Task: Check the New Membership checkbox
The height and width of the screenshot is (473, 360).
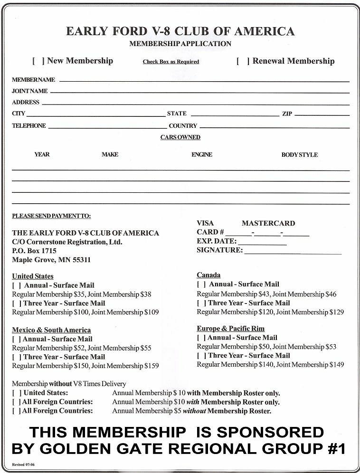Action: click(x=38, y=61)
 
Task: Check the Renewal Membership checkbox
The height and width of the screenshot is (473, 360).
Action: click(x=243, y=61)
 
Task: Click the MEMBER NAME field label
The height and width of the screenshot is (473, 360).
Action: click(x=33, y=80)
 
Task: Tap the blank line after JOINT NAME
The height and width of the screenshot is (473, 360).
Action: click(x=199, y=92)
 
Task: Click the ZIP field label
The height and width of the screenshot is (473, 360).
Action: click(x=287, y=114)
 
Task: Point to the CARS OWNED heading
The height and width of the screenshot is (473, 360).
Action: click(x=180, y=137)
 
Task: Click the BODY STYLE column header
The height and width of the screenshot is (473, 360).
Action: click(x=299, y=155)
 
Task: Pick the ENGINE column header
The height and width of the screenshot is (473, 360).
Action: click(x=202, y=155)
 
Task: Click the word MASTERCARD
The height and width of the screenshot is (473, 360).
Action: click(x=268, y=223)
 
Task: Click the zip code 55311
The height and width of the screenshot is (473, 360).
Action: click(x=81, y=260)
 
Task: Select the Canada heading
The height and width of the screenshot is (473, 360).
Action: click(x=208, y=275)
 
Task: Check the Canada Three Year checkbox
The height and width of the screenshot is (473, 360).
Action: click(x=201, y=303)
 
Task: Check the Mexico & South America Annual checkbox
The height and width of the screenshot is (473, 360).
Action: click(x=16, y=340)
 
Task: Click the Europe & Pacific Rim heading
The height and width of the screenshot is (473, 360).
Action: click(x=230, y=329)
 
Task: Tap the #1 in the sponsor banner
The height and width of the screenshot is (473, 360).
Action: click(x=335, y=449)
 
